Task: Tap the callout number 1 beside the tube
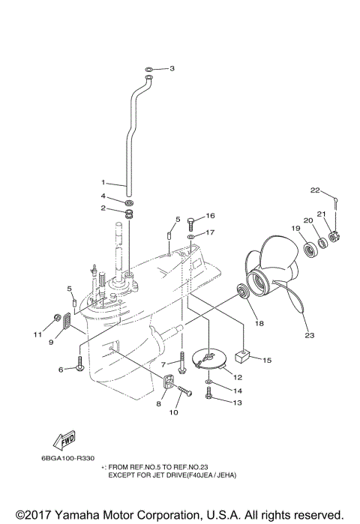(x=105, y=181)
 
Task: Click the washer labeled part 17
(x=191, y=236)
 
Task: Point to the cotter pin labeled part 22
(x=338, y=199)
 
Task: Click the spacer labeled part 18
(x=242, y=290)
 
